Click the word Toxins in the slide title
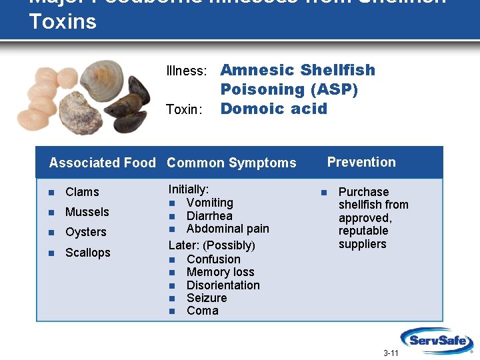point(63,21)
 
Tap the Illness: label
point(186,71)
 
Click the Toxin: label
point(183,109)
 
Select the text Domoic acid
point(273,109)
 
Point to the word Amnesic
point(257,70)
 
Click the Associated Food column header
point(102,163)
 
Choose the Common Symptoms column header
point(231,163)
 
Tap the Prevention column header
point(361,162)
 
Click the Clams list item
point(82,192)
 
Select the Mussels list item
point(87,212)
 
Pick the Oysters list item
point(85,232)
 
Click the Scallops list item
point(87,253)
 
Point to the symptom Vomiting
point(209,203)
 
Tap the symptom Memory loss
point(220,272)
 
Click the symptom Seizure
point(207,298)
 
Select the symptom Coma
point(202,311)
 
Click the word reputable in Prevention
point(363,231)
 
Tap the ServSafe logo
point(437,339)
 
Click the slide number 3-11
point(391,353)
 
